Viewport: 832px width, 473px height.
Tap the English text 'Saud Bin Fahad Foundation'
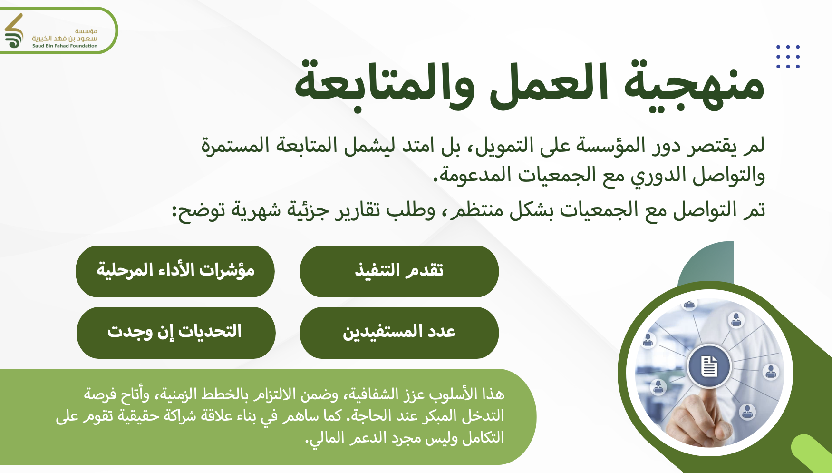(x=65, y=46)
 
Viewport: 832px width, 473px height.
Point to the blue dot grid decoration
(x=788, y=57)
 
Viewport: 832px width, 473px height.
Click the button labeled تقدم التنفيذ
(x=399, y=271)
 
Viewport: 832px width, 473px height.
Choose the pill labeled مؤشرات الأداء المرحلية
(x=175, y=271)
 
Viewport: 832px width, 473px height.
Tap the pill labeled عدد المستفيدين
(x=399, y=333)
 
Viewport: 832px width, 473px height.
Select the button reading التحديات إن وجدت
(x=176, y=333)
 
